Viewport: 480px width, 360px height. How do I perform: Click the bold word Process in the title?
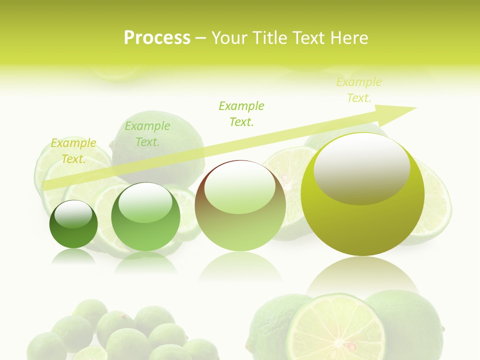tap(157, 38)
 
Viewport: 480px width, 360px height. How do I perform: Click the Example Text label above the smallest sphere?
tap(73, 151)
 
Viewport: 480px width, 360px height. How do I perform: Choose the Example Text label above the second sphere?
tap(147, 134)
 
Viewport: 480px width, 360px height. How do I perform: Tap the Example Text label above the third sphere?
tap(241, 114)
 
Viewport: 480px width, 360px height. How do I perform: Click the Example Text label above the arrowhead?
tap(358, 90)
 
